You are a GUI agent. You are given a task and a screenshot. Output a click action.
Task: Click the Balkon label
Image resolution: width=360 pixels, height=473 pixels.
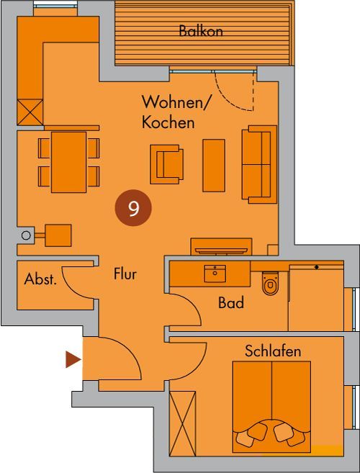(x=201, y=31)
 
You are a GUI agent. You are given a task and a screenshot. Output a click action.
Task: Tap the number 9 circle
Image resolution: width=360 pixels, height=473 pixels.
(x=133, y=208)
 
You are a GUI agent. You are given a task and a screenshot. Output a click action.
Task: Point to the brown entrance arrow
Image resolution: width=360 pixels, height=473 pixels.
(x=73, y=359)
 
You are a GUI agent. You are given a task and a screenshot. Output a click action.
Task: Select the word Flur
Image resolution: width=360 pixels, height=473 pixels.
(x=125, y=274)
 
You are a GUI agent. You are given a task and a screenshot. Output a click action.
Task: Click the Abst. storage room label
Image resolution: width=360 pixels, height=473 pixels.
(x=40, y=279)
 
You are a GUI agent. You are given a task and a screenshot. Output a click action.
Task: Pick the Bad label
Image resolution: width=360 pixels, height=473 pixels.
(x=231, y=302)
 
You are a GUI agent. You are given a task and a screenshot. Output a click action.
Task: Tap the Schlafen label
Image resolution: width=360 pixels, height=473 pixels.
(x=273, y=351)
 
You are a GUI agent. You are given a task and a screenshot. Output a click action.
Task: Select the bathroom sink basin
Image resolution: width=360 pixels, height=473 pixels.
(x=215, y=274)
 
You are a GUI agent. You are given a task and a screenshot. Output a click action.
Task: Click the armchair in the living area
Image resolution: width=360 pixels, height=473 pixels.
(x=166, y=164)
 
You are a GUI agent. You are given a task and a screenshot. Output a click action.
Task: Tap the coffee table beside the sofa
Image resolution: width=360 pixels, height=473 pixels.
(x=214, y=166)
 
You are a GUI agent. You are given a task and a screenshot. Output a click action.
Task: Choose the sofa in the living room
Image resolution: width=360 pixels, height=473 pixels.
(x=259, y=164)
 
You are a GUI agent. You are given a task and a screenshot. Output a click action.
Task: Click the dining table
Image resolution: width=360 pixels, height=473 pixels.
(x=69, y=162)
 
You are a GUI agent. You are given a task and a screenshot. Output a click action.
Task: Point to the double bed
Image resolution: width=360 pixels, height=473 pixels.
(x=271, y=407)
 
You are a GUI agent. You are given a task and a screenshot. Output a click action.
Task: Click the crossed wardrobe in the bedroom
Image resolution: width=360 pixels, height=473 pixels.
(x=182, y=423)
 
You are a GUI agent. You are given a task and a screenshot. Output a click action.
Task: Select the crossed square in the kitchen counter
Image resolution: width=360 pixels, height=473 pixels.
(x=30, y=112)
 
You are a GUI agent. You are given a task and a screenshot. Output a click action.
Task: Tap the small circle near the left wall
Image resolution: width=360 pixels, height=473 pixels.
(x=26, y=235)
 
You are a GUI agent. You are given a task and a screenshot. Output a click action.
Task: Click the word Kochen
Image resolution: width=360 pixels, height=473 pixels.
(x=168, y=123)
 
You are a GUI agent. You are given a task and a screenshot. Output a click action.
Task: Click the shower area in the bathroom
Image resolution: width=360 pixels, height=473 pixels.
(x=316, y=298)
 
